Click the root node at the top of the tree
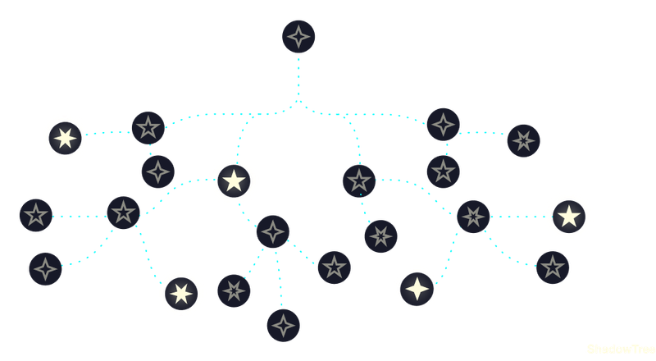click(x=298, y=37)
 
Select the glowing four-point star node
click(x=418, y=289)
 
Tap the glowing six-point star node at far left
click(x=65, y=137)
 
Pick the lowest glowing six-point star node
click(x=180, y=293)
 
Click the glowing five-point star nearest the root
click(x=234, y=180)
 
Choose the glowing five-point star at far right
click(x=568, y=216)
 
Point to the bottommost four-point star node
click(x=283, y=326)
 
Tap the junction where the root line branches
click(x=298, y=104)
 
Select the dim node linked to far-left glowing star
click(x=148, y=128)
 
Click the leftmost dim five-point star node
click(x=35, y=215)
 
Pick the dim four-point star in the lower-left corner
click(x=45, y=268)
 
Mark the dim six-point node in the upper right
click(x=523, y=140)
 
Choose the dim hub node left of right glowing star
click(x=472, y=216)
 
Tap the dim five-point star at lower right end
click(x=553, y=267)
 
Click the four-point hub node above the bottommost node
click(x=273, y=231)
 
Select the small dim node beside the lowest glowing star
click(x=235, y=290)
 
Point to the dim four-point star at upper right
click(x=443, y=125)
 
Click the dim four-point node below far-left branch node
click(x=157, y=171)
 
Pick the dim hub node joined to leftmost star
click(x=123, y=213)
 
